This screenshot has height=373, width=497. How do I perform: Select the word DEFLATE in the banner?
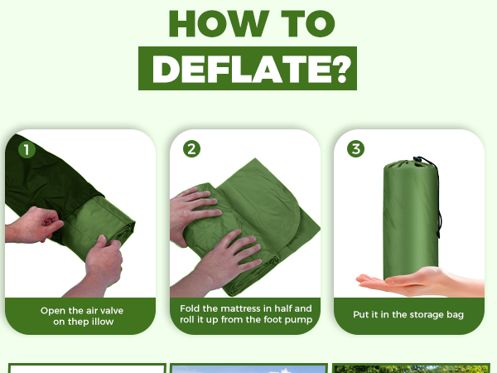242,70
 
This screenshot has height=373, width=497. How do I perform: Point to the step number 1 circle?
27,149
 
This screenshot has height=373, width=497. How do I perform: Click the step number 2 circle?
192,148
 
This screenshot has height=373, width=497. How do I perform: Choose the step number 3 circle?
355,148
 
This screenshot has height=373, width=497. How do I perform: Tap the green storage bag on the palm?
412,219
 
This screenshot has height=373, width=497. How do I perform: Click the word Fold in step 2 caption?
190,308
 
